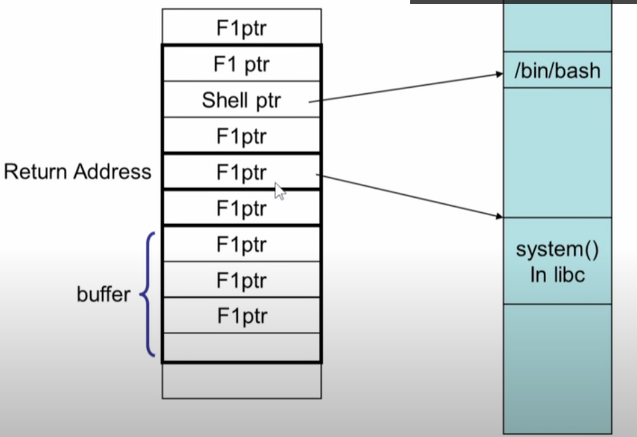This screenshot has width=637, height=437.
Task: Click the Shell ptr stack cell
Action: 241,100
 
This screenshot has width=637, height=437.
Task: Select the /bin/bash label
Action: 557,71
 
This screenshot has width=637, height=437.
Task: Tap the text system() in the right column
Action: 557,249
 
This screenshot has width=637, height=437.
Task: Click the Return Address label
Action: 78,172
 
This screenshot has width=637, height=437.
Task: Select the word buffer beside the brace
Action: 103,295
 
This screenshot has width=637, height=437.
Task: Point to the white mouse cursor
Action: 280,191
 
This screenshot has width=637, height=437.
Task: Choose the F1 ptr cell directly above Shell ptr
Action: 241,64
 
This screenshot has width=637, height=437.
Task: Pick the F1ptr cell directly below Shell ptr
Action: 241,136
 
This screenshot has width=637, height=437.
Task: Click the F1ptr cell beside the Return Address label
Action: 241,172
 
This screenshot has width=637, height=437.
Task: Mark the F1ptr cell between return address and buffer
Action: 241,208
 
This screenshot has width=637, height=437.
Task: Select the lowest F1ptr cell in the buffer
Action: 241,316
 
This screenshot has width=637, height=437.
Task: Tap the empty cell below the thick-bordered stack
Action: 241,380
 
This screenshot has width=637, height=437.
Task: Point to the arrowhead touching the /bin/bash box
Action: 499,75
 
